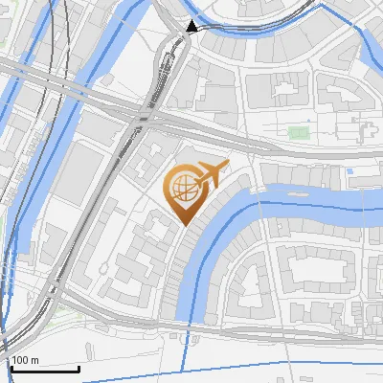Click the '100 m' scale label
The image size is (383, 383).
coord(25,359)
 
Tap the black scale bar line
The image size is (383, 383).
coord(44,369)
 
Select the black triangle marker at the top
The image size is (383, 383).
coord(192,27)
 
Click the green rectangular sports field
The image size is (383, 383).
coord(299,131)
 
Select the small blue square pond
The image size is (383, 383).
coord(350,171)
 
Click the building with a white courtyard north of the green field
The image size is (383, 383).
coord(285,93)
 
